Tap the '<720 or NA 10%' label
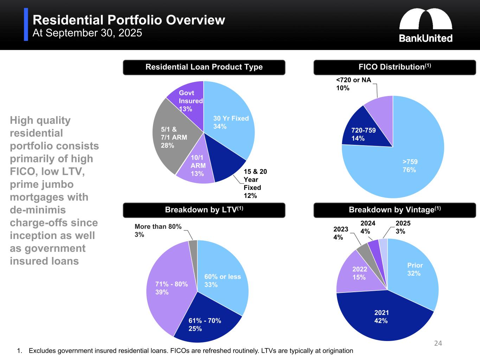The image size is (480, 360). tap(353, 84)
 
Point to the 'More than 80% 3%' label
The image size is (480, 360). tap(158, 231)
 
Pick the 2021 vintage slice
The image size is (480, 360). tap(381, 316)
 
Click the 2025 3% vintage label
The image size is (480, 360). tap(403, 227)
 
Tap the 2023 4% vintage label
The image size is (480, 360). tap(340, 233)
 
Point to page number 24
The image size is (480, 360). tap(438, 343)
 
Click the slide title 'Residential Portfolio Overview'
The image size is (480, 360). tap(129, 20)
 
